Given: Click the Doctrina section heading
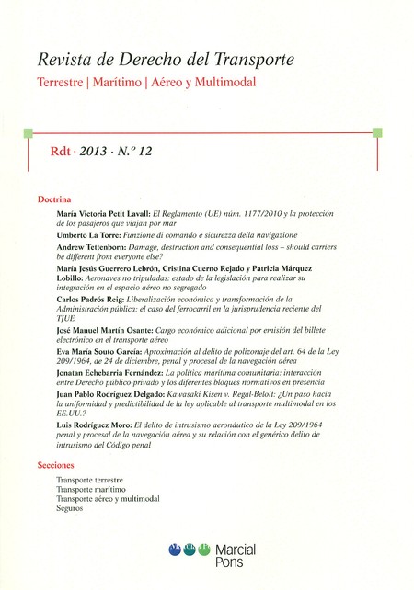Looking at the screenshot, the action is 55,199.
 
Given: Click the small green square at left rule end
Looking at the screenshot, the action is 29,131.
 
